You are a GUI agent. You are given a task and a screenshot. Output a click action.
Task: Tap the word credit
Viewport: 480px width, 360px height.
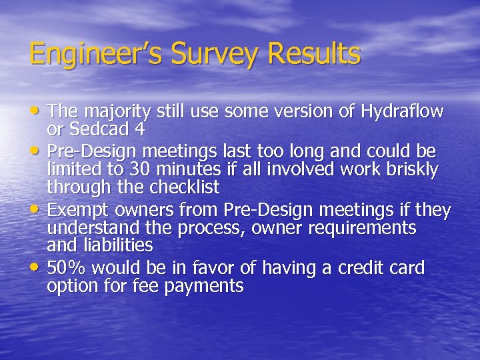(x=355, y=268)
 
